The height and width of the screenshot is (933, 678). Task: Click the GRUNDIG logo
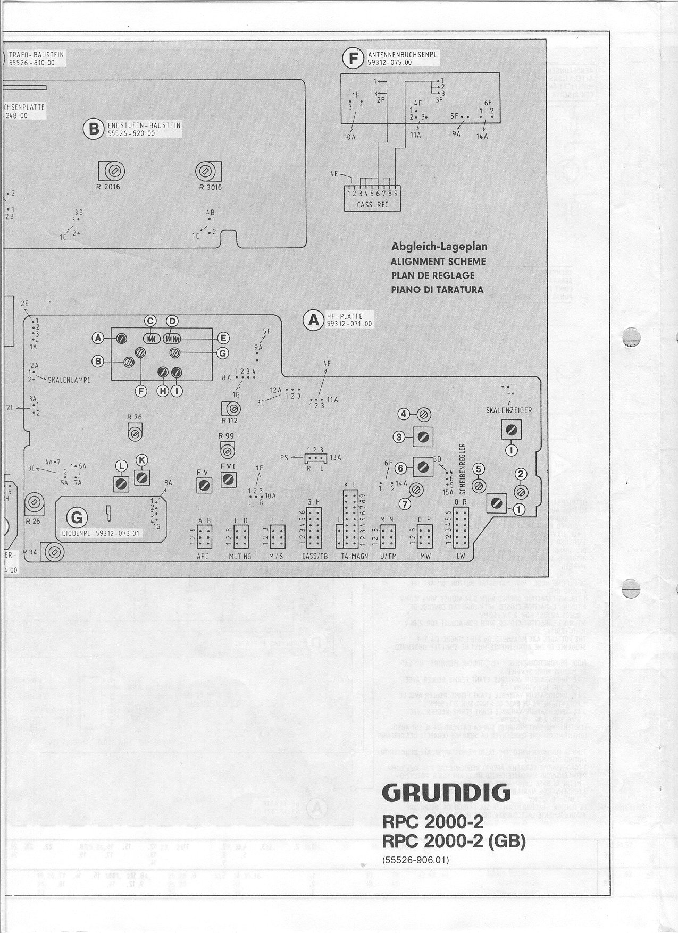(x=446, y=793)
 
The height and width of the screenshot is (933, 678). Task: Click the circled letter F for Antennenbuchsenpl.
(x=353, y=58)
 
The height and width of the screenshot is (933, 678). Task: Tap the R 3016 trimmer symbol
(x=205, y=171)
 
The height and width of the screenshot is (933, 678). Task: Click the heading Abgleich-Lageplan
(x=439, y=247)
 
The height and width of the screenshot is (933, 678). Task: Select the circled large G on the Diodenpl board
(x=77, y=517)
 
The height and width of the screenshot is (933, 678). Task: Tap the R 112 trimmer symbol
(x=231, y=409)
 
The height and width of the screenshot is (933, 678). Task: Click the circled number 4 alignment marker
(x=405, y=414)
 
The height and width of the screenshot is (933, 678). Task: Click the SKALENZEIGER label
(x=509, y=410)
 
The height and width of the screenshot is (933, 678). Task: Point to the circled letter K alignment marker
(x=141, y=460)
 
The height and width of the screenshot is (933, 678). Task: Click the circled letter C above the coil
(x=151, y=321)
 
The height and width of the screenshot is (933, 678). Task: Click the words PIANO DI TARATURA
(x=437, y=290)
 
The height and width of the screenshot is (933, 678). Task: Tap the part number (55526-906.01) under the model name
(x=415, y=860)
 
